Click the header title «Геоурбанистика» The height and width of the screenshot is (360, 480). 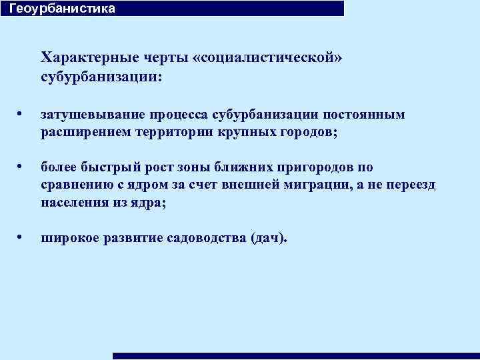[x=62, y=9]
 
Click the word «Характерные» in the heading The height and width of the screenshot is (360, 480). [x=84, y=57]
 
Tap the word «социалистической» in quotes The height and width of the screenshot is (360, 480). [x=267, y=57]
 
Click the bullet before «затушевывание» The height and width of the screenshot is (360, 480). [x=22, y=115]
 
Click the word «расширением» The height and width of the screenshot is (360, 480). [x=81, y=132]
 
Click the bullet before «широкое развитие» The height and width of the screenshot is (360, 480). [x=22, y=237]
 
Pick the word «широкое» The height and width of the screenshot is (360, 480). [x=70, y=238]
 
